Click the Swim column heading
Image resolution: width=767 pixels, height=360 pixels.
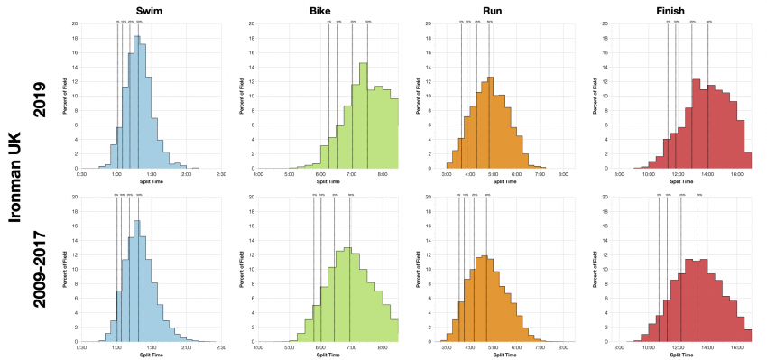(x=149, y=10)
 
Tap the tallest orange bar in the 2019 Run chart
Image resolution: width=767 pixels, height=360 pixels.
(x=490, y=123)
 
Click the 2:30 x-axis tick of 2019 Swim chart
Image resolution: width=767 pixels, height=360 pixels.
(x=221, y=174)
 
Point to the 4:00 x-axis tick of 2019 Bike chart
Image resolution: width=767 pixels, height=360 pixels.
(x=259, y=174)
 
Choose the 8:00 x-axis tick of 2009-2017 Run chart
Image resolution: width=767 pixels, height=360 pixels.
(x=563, y=347)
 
